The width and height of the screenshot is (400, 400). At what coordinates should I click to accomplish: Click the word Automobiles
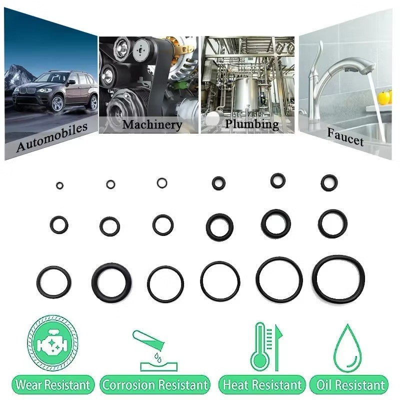(x=52, y=137)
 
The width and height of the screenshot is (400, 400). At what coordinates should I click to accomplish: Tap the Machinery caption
(x=152, y=124)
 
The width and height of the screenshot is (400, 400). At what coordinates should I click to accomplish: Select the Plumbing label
(x=252, y=124)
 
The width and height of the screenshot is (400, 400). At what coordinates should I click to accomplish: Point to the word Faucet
(x=345, y=137)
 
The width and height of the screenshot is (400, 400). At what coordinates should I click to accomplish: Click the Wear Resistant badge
(x=53, y=384)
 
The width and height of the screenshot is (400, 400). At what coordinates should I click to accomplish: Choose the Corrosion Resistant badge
(x=155, y=384)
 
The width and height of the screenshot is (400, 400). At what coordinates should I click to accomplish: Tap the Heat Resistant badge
(x=262, y=384)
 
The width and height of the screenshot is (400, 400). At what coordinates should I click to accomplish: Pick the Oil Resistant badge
(x=349, y=384)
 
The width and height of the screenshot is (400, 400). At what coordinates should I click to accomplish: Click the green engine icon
(x=52, y=343)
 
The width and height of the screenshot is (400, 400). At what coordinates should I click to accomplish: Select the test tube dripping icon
(x=155, y=351)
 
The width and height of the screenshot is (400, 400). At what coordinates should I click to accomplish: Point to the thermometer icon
(x=260, y=346)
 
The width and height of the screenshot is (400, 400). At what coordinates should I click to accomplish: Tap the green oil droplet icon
(x=347, y=348)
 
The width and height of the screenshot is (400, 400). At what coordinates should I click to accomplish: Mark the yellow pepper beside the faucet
(x=383, y=97)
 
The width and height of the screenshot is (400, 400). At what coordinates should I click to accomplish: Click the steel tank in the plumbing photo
(x=246, y=95)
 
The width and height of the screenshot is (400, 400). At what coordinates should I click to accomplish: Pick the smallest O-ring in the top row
(x=59, y=185)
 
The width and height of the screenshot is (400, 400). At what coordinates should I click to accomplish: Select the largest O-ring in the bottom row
(x=338, y=279)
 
